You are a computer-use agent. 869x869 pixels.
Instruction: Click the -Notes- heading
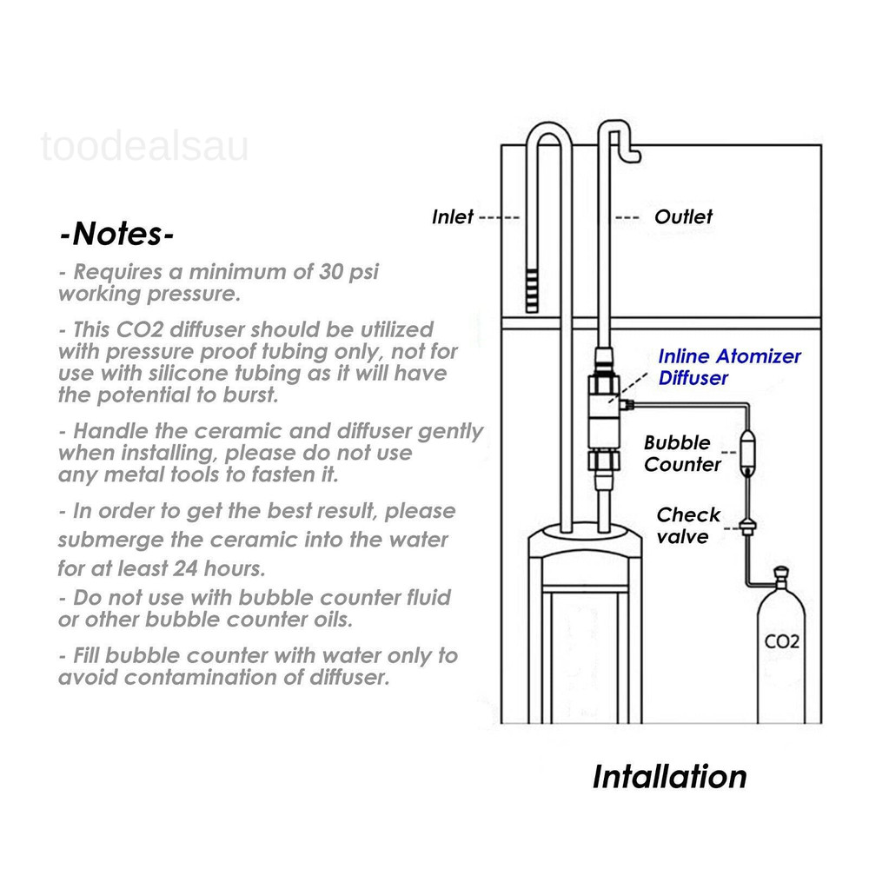pos(117,235)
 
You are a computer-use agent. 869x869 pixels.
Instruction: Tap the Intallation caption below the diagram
pos(669,776)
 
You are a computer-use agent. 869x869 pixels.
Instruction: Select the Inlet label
pos(453,216)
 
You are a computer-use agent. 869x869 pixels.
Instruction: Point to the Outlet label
pos(683,216)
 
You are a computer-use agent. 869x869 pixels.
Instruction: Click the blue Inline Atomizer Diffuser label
pos(728,367)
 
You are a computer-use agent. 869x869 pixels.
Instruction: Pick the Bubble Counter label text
pos(682,454)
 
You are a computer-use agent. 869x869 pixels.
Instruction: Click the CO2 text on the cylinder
pos(781,644)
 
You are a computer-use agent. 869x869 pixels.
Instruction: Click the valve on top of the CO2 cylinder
pos(781,576)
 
